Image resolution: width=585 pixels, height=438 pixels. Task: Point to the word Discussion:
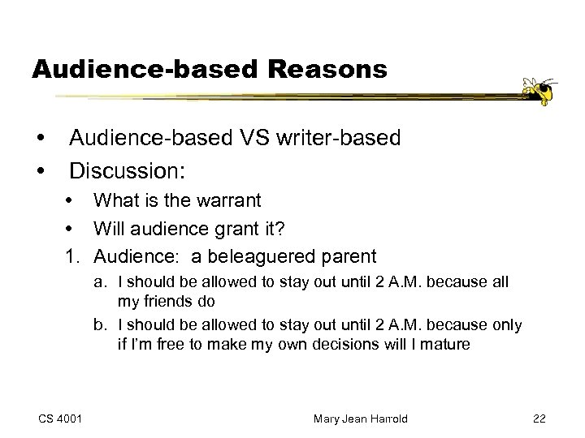(128, 171)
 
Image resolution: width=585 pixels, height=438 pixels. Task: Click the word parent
(347, 258)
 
